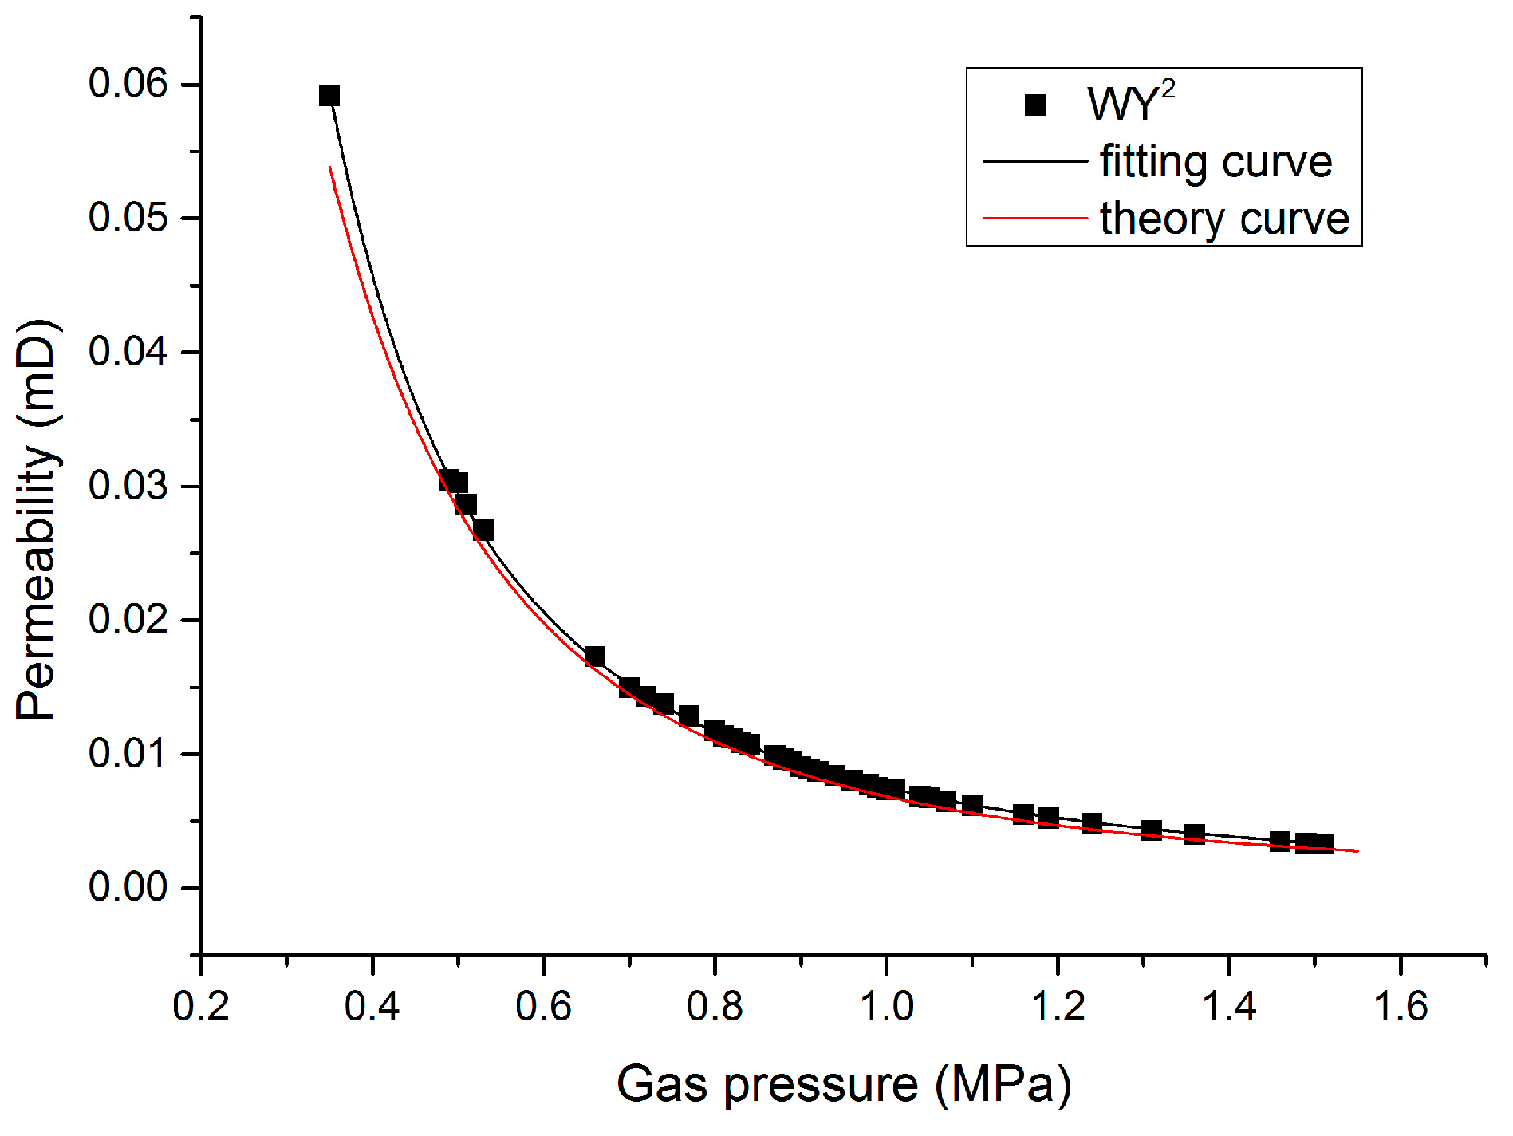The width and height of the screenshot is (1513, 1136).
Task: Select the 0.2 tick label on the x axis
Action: click(201, 1006)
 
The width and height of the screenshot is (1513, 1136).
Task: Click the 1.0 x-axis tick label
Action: click(886, 1006)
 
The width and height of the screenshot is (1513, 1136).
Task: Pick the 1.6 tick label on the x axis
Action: click(1401, 1006)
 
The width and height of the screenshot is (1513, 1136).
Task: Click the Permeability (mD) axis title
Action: click(37, 520)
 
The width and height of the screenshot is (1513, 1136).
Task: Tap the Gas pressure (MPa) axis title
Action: click(843, 1084)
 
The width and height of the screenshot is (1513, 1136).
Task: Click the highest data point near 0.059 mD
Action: click(329, 97)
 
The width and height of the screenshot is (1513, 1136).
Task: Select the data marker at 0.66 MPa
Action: click(595, 657)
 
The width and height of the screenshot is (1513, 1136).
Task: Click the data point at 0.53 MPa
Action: click(483, 531)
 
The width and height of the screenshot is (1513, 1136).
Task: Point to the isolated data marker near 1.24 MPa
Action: click(1092, 822)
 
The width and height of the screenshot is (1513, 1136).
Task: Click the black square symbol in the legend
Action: click(1035, 105)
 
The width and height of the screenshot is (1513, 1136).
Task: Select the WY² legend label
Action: click(1130, 103)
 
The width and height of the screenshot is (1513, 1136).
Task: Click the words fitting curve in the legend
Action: click(1216, 162)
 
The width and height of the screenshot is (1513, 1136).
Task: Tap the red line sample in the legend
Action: click(1035, 218)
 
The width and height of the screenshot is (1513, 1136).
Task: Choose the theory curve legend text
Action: click(1224, 219)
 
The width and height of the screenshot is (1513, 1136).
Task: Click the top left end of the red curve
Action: click(330, 168)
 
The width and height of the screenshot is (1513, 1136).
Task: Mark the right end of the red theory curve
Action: click(1357, 851)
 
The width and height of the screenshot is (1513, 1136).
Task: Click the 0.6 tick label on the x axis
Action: click(543, 1006)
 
